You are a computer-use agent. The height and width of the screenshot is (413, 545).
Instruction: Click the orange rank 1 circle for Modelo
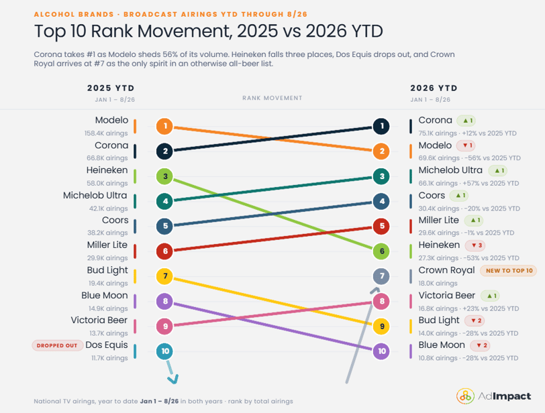[x=164, y=126]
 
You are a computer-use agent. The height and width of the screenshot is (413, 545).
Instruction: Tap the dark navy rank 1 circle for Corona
[x=381, y=126]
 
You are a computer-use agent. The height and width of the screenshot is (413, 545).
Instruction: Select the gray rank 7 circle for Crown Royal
[x=381, y=276]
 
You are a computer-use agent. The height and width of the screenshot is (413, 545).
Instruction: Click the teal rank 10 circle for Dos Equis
[x=164, y=351]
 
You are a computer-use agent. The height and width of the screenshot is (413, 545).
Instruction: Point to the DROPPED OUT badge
[x=57, y=346]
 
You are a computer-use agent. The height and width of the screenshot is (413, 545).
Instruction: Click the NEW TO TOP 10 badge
[x=509, y=271]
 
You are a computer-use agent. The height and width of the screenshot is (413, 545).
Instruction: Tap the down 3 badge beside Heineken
[x=475, y=245]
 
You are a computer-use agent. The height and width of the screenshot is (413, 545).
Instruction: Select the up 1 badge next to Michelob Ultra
[x=498, y=170]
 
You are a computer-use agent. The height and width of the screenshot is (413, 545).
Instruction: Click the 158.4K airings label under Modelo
[x=106, y=133]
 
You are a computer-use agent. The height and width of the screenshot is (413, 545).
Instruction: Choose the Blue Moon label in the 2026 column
[x=442, y=345]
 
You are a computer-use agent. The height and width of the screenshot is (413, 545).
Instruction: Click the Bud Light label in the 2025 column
[x=107, y=270]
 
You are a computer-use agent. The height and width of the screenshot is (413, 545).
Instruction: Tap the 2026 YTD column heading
[x=434, y=88]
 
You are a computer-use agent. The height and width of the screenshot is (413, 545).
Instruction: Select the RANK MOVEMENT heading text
[x=272, y=98]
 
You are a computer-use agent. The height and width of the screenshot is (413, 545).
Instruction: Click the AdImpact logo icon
[x=465, y=396]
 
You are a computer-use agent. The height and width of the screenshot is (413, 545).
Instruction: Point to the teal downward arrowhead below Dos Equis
[x=173, y=379]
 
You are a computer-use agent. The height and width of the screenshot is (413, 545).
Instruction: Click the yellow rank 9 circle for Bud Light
[x=381, y=327]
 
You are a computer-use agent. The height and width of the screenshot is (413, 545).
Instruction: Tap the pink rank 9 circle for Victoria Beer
[x=164, y=327]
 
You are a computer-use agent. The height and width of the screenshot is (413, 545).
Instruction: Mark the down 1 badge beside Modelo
[x=466, y=145]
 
